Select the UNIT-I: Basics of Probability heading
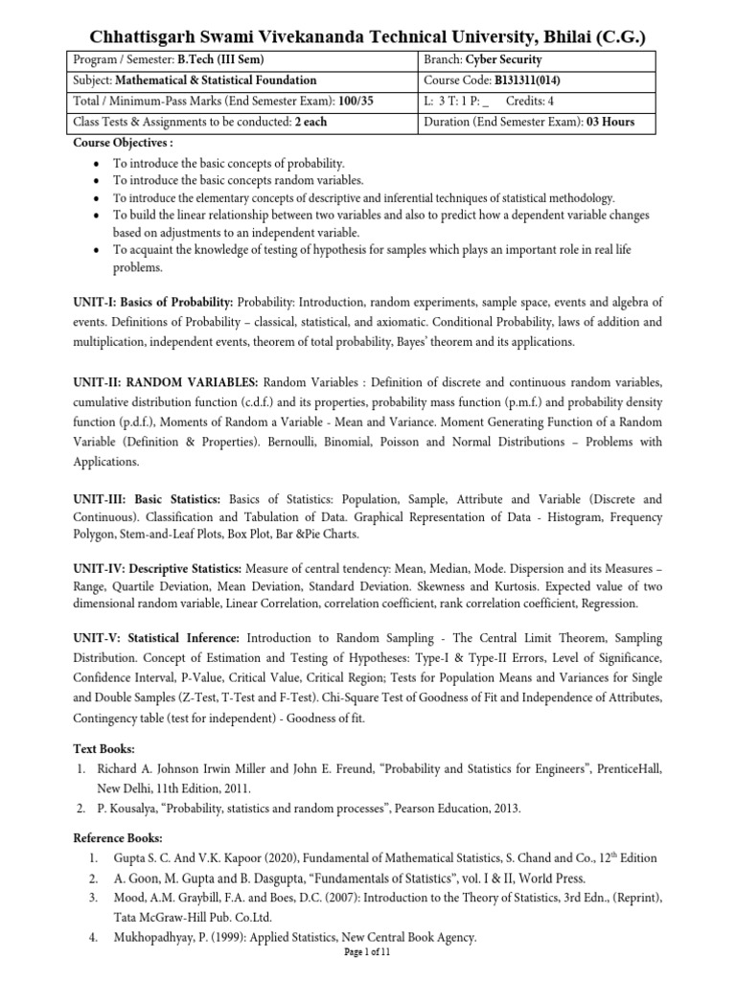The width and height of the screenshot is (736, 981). click(x=153, y=301)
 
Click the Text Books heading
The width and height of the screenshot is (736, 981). click(x=104, y=747)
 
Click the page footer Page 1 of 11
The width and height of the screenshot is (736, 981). click(x=367, y=953)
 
